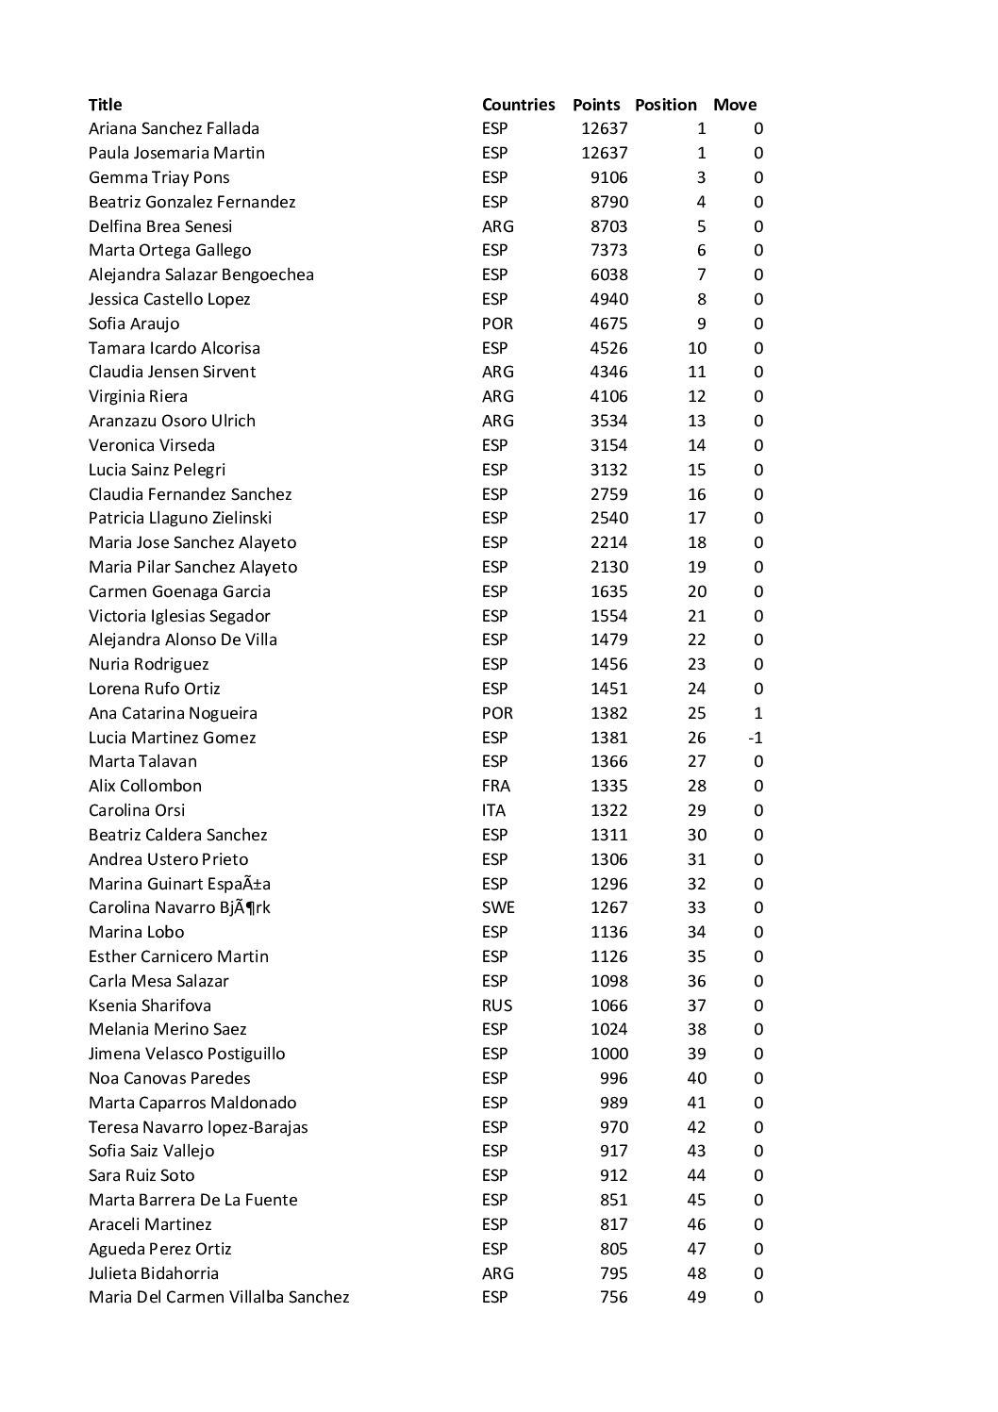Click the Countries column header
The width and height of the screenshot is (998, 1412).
(518, 105)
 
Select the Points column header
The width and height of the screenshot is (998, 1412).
(596, 105)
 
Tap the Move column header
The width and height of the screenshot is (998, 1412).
(735, 105)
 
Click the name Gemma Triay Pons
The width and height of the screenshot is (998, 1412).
(158, 177)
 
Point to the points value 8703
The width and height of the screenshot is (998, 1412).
(608, 226)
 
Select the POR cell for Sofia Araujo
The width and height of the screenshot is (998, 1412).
(497, 324)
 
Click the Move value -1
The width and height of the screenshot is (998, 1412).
(755, 738)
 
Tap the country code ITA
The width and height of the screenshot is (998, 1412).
(493, 810)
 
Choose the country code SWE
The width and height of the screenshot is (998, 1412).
(498, 907)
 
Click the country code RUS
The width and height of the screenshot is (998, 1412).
(497, 1005)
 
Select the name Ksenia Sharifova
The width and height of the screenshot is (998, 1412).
(150, 1005)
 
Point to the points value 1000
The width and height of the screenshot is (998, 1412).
(608, 1054)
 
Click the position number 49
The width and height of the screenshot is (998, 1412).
(696, 1297)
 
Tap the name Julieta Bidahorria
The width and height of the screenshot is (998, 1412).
(154, 1273)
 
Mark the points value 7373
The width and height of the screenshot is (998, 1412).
(608, 250)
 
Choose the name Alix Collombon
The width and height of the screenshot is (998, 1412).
(145, 786)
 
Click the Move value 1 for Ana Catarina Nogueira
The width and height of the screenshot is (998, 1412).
(758, 713)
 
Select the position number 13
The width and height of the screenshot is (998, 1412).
(696, 421)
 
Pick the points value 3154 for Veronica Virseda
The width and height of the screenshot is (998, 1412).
(608, 445)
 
